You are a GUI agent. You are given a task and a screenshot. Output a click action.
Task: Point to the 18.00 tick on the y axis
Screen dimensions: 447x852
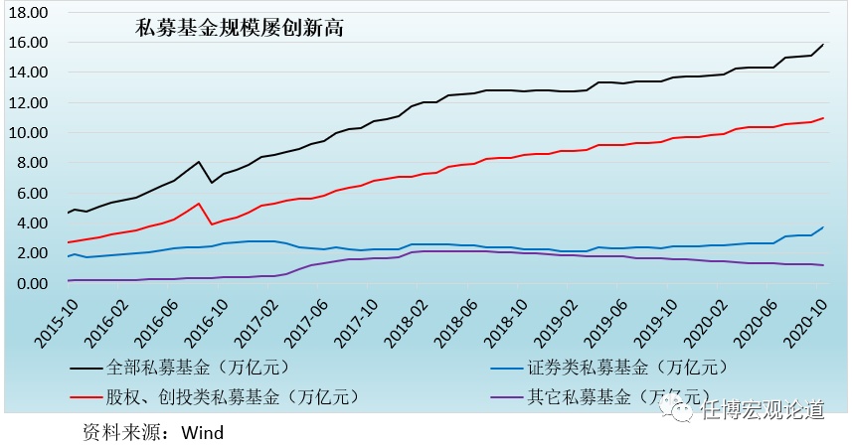point(29,13)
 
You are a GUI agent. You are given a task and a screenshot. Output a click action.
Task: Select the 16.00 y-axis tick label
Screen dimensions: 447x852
point(29,43)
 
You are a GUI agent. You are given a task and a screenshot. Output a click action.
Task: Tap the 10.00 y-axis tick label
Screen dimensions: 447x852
point(29,133)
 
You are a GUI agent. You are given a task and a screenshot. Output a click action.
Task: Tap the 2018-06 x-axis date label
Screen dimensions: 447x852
point(453,318)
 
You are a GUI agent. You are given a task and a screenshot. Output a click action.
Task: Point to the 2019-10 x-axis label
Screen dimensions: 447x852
point(653,318)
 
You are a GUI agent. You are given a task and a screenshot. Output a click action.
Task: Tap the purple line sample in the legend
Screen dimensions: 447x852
point(513,397)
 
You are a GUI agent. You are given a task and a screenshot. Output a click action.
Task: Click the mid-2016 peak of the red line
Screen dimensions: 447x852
point(200,204)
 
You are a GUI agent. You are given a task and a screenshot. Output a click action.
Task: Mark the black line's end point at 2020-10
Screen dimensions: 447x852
point(823,45)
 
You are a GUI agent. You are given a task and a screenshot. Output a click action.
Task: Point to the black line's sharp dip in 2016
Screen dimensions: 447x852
point(212,183)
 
